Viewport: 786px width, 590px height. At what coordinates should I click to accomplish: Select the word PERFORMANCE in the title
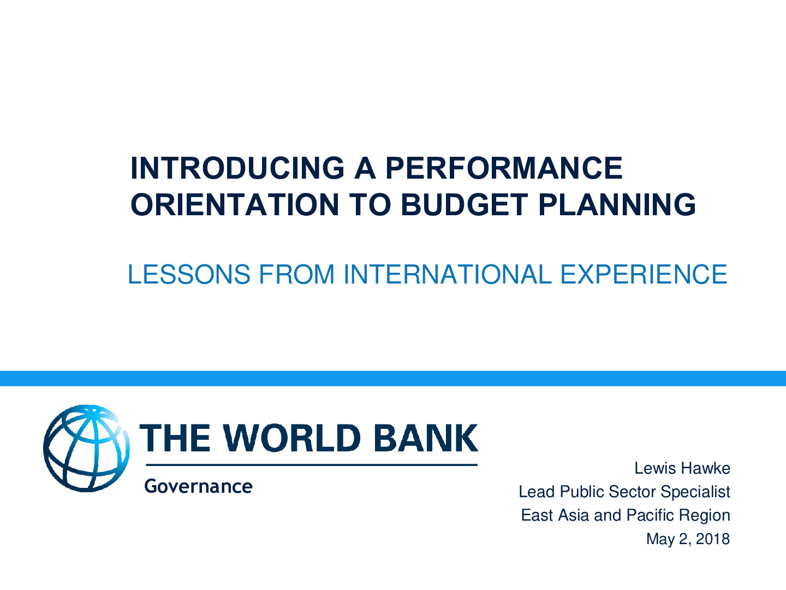pos(504,168)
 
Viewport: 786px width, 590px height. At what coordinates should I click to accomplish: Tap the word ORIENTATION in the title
pos(235,204)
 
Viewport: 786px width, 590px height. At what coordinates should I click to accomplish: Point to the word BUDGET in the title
pos(465,204)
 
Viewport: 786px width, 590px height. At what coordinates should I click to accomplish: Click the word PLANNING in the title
pos(617,204)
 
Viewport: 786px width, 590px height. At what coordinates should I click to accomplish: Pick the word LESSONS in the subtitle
pos(189,274)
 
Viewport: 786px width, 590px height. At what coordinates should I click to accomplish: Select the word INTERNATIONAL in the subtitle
pos(448,274)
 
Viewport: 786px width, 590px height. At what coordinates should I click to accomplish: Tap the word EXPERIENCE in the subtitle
pos(644,274)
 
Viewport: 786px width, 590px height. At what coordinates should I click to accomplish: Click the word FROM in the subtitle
pos(297,274)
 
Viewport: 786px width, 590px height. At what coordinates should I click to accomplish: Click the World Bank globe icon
pos(86,448)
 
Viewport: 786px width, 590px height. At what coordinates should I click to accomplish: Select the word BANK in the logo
pos(426,438)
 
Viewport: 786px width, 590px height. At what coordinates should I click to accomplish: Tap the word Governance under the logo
pos(198,486)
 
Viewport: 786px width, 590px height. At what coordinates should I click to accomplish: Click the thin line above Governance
pos(312,465)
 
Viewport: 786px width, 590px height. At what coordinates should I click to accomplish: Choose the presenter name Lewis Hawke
pos(682,468)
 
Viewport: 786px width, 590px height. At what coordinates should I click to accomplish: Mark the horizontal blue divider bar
pos(393,378)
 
